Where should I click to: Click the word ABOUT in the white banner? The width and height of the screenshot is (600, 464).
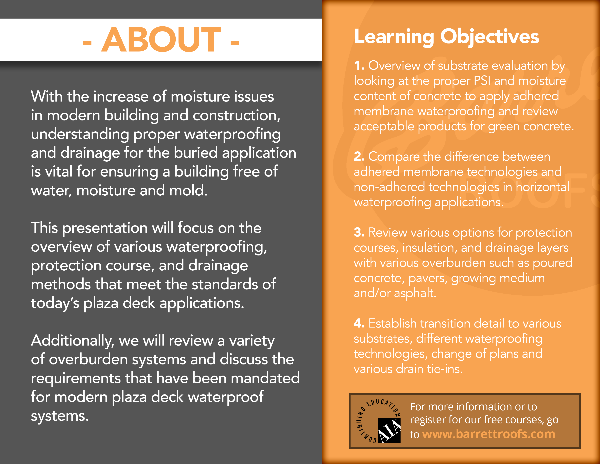(161, 40)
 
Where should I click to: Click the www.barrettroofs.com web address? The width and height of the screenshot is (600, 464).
(489, 434)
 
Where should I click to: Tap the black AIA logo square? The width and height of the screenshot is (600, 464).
(389, 430)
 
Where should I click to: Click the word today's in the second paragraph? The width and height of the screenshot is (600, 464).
(55, 303)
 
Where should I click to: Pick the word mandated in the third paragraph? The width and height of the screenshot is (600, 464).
(265, 378)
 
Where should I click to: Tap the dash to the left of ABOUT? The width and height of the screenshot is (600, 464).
(87, 43)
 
